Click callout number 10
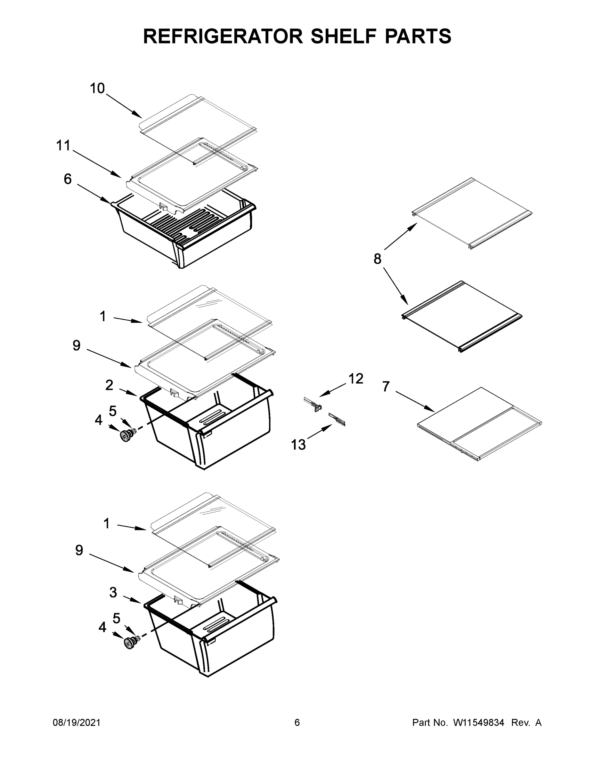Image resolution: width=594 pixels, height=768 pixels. pos(97,88)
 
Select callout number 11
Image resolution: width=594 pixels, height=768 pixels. pos(64,146)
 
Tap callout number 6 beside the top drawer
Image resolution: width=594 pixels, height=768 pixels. pos(68,179)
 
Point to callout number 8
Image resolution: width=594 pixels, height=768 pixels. pos(377,259)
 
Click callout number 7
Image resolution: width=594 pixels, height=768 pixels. pos(386,387)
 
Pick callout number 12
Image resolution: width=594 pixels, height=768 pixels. pos(356,379)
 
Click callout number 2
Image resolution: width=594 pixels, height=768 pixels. pos(109,385)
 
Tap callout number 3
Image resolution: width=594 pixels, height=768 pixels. pos(113,593)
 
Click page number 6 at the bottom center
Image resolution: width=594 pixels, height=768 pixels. pos(297,723)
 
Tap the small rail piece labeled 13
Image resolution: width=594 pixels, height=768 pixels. pos(337,419)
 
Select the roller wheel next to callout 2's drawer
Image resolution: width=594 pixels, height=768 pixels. pos(125,436)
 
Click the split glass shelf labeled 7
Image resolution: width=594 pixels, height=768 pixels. pos(479,424)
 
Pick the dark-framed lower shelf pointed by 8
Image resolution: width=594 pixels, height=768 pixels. pos(462,316)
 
